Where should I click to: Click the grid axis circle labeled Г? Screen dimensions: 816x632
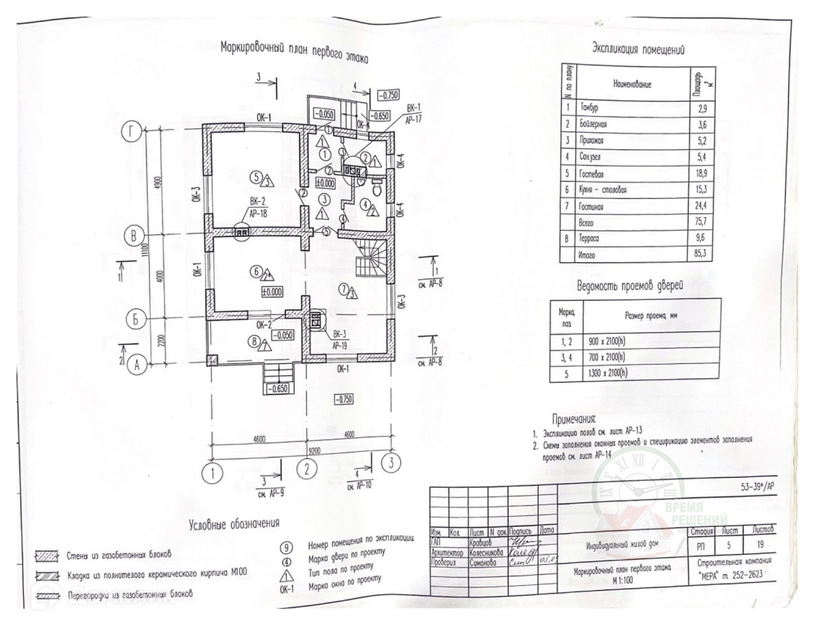(x=131, y=133)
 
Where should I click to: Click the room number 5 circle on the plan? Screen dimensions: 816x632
(x=256, y=177)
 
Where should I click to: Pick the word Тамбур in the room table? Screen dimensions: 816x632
(x=590, y=107)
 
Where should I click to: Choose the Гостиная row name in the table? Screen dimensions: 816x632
(x=593, y=207)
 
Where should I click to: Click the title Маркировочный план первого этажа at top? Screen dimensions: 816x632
(x=294, y=53)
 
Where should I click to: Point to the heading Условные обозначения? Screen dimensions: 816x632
(x=235, y=525)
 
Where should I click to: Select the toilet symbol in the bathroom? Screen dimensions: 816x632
(x=376, y=187)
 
